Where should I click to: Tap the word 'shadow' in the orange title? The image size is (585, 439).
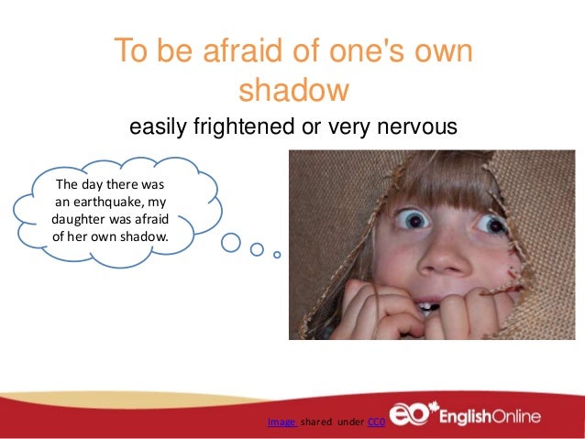[x=293, y=92]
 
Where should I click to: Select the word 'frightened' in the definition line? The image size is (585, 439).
[x=243, y=126]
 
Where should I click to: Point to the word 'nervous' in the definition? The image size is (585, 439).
[x=419, y=126]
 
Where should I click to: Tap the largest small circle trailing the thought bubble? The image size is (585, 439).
[x=232, y=243]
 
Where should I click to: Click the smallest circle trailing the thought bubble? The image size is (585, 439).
[x=278, y=254]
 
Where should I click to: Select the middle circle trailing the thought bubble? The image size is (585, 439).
[x=258, y=248]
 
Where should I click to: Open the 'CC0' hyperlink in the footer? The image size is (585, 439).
[x=375, y=422]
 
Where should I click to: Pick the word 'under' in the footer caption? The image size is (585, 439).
[x=351, y=422]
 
